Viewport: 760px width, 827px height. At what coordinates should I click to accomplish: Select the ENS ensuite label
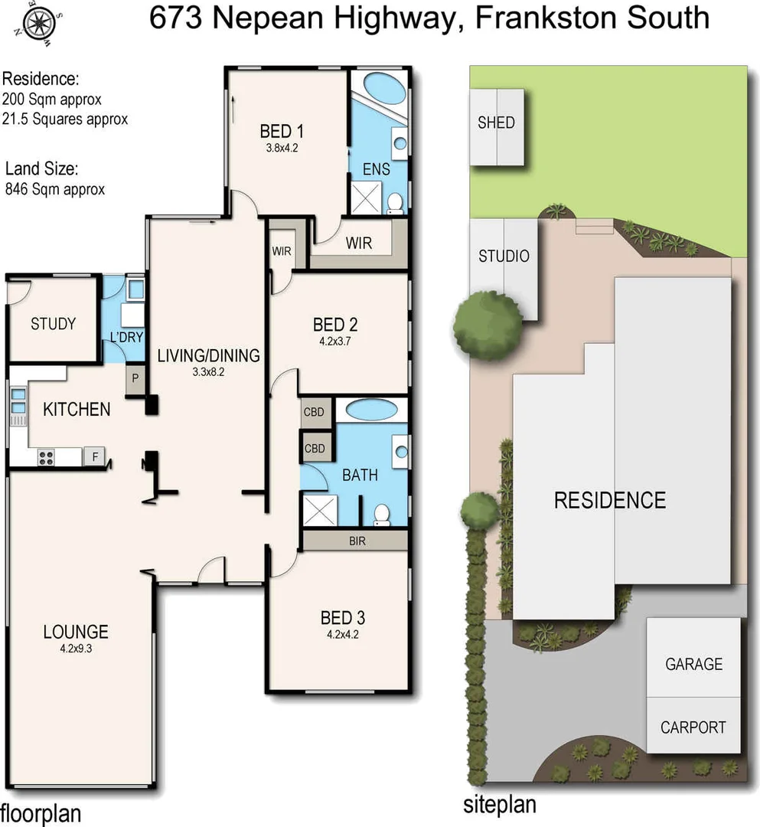coord(376,169)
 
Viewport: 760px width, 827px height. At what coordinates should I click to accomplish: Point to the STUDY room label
coord(53,324)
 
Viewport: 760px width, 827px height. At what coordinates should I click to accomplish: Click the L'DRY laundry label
coord(122,338)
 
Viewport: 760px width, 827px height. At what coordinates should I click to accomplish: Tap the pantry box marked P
coord(135,378)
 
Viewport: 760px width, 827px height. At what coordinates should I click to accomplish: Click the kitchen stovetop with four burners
coord(46,457)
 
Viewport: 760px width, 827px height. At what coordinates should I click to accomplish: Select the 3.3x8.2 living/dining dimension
coord(208,372)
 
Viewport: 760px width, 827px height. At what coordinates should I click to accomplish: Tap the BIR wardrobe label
coord(357,541)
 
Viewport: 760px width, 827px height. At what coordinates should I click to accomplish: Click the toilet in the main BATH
coord(382,514)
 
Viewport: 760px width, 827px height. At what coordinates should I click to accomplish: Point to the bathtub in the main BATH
coord(372,410)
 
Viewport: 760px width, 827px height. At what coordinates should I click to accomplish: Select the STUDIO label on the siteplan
coord(504,257)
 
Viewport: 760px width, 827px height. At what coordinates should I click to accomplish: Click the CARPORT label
coord(693,727)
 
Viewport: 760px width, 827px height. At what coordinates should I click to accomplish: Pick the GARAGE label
coord(693,664)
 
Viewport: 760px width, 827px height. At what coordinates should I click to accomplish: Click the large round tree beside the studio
coord(487,325)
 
